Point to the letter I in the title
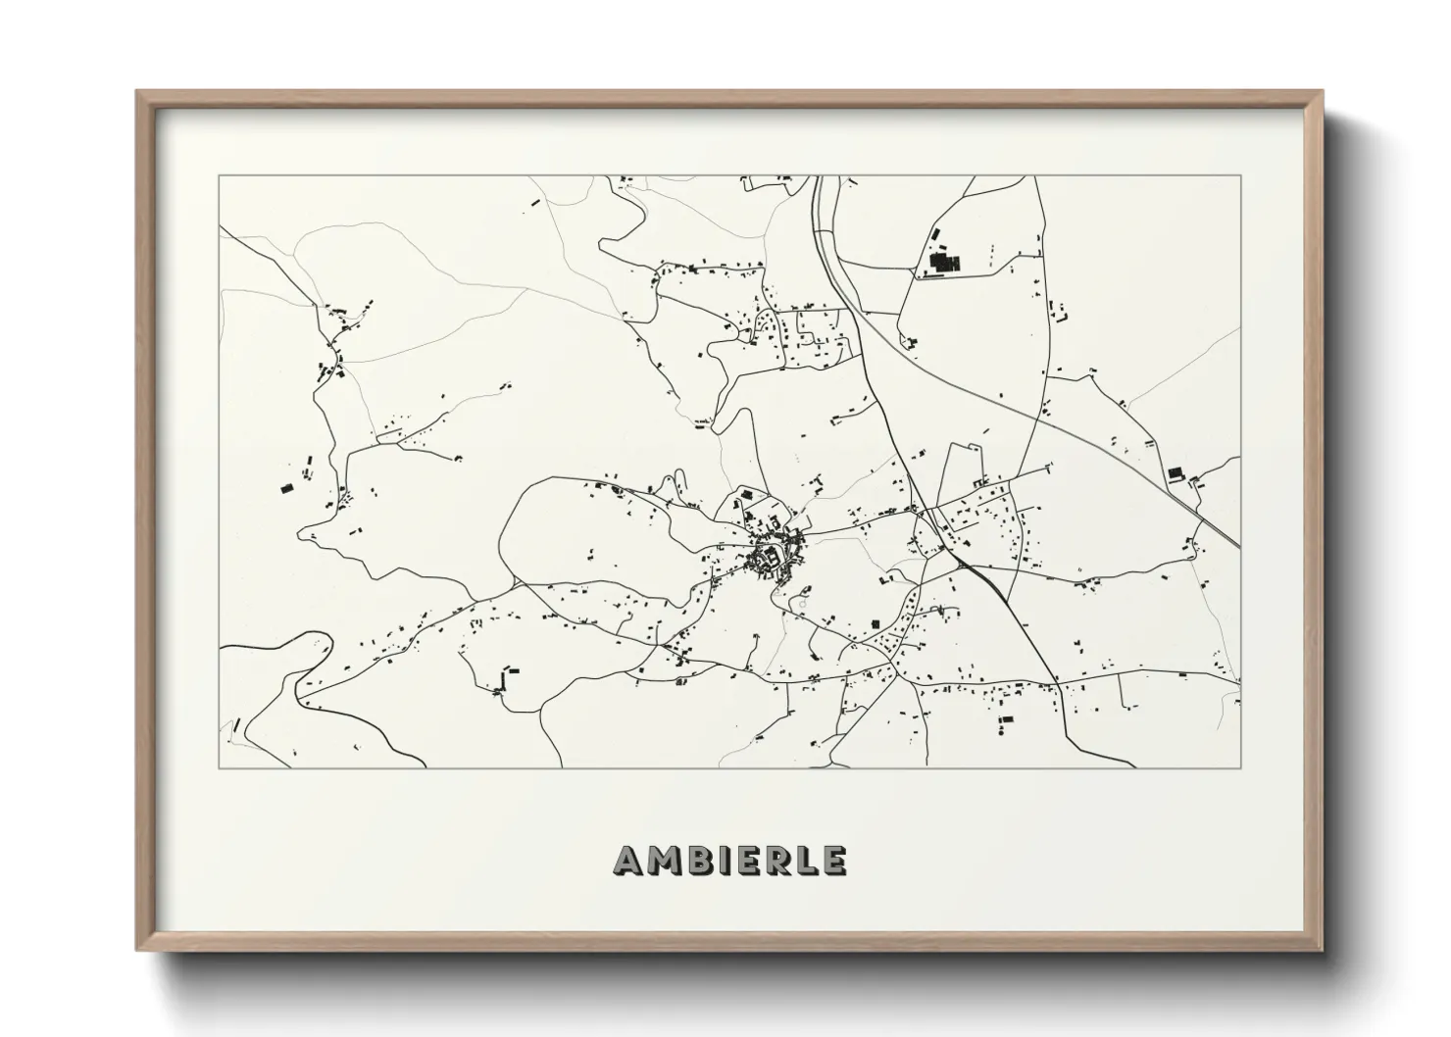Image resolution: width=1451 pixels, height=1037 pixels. click(x=725, y=861)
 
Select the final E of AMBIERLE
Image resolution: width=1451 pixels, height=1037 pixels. click(x=834, y=861)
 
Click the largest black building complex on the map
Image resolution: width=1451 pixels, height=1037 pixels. click(x=944, y=263)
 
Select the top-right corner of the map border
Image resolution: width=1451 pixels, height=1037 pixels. click(x=1240, y=175)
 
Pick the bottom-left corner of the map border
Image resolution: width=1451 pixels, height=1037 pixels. click(x=220, y=767)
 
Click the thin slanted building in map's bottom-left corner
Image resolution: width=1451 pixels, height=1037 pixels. click(x=236, y=726)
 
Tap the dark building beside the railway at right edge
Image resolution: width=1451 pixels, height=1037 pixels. click(x=1175, y=473)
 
